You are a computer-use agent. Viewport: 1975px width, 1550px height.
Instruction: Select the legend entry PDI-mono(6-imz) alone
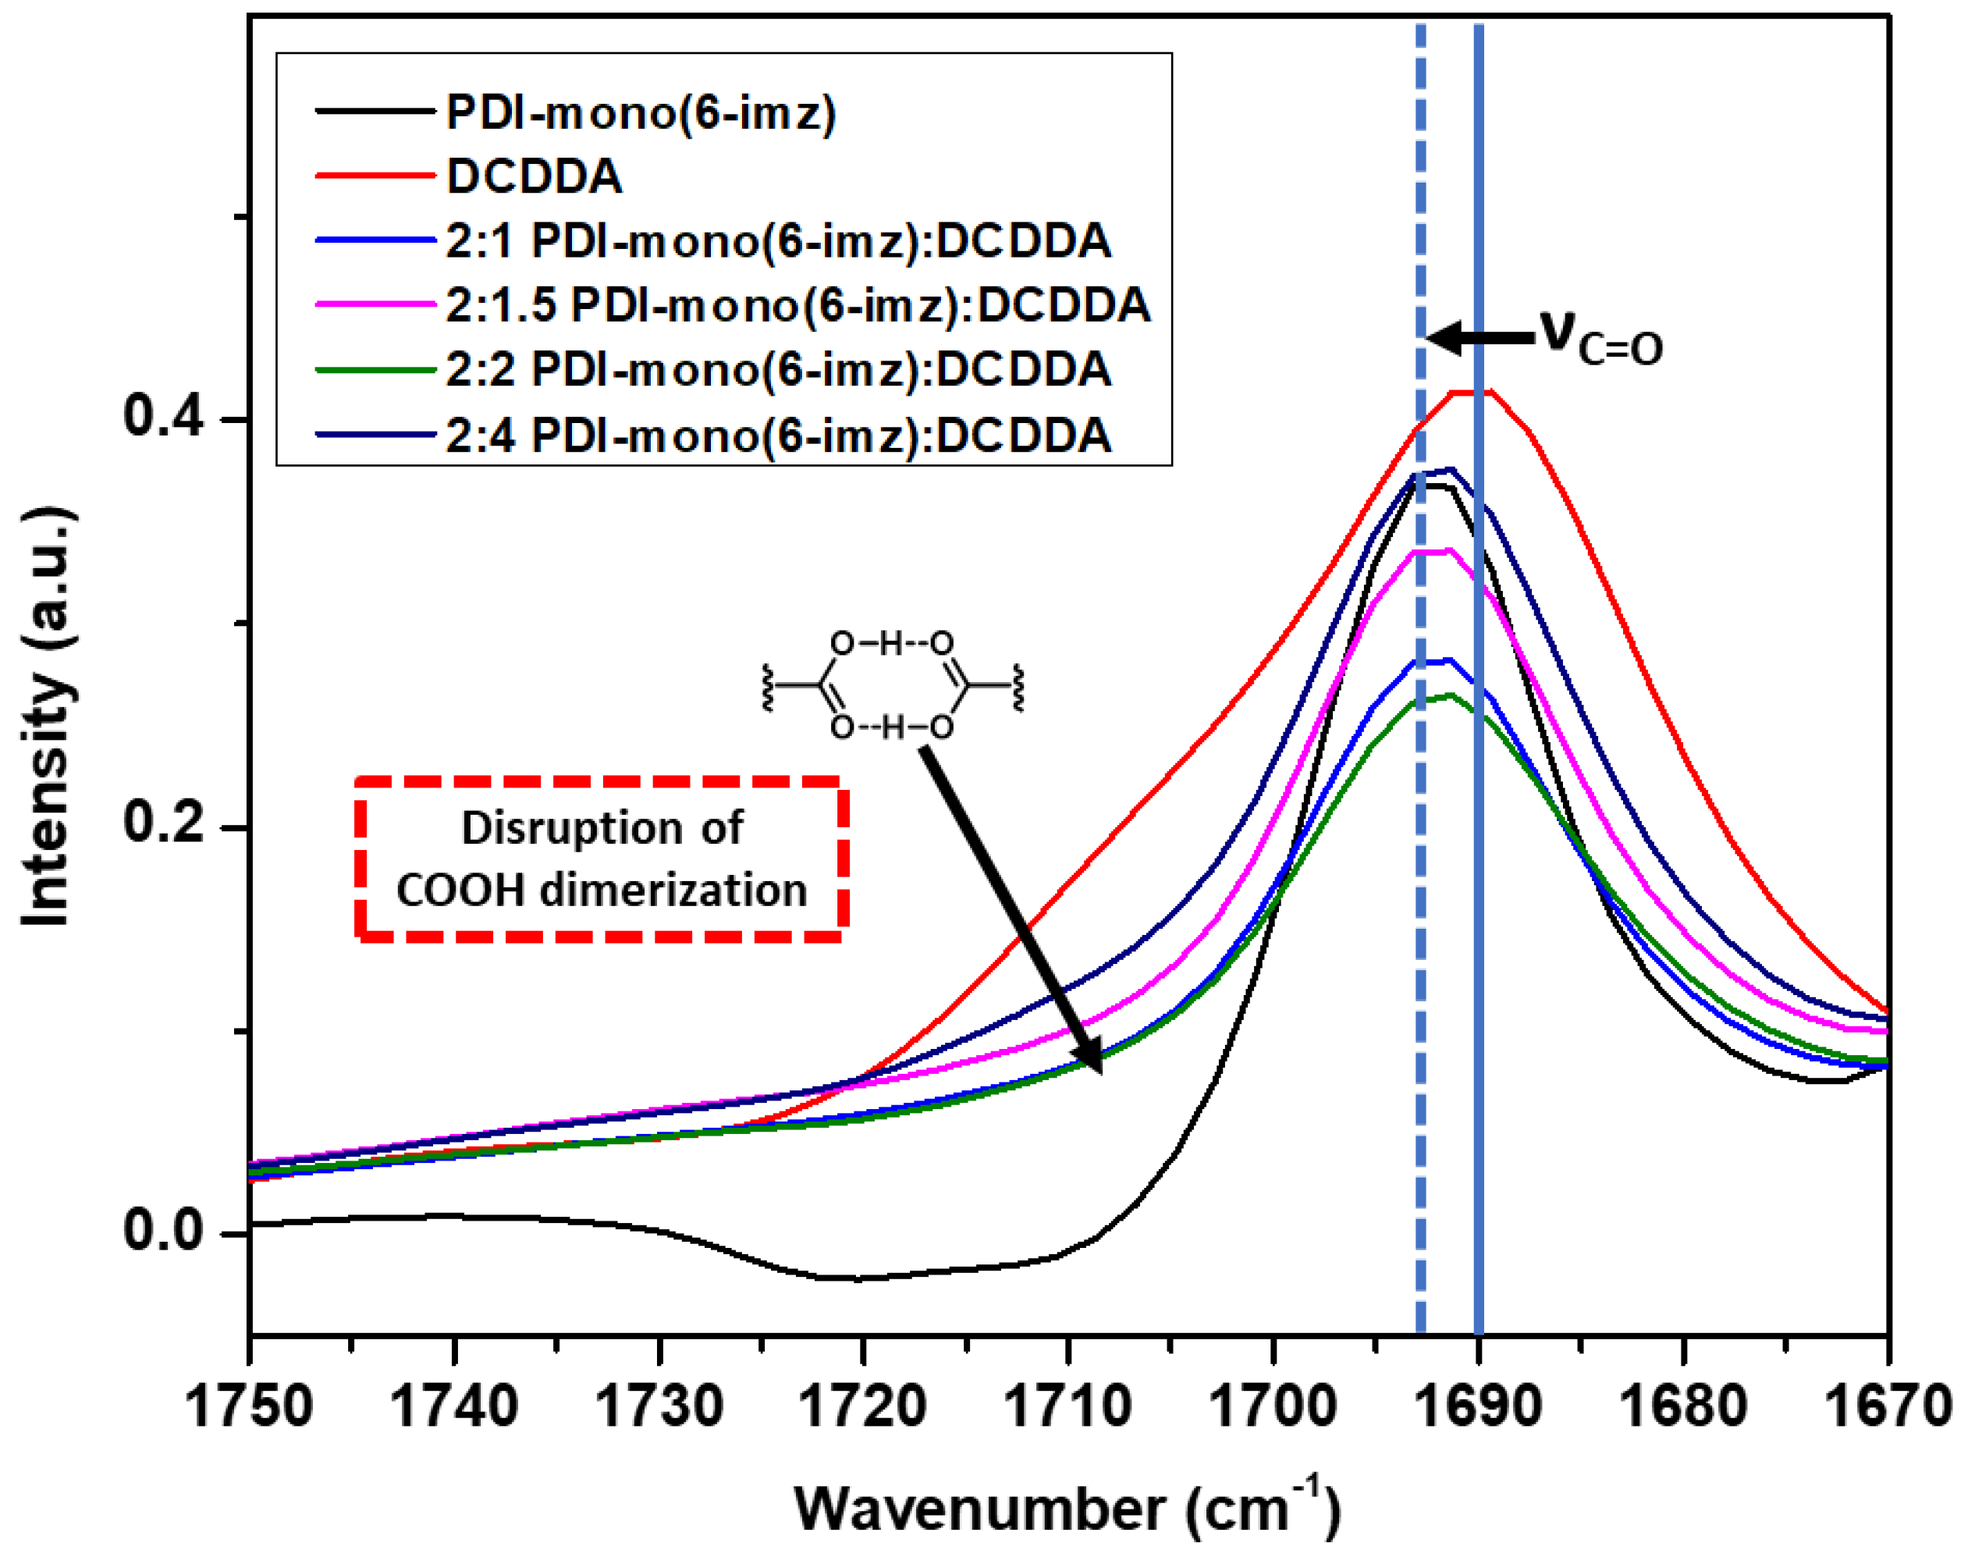pyautogui.click(x=641, y=112)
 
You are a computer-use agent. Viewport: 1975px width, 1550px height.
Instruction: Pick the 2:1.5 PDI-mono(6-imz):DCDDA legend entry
pyautogui.click(x=797, y=305)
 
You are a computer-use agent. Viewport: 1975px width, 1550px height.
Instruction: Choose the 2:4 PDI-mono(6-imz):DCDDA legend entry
pyautogui.click(x=777, y=435)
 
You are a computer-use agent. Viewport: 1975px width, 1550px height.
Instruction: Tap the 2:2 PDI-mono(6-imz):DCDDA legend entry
pyautogui.click(x=777, y=369)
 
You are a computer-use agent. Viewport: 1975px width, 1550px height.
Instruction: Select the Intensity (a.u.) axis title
pyautogui.click(x=47, y=717)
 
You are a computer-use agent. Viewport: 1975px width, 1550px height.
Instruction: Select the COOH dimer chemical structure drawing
pyautogui.click(x=892, y=685)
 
